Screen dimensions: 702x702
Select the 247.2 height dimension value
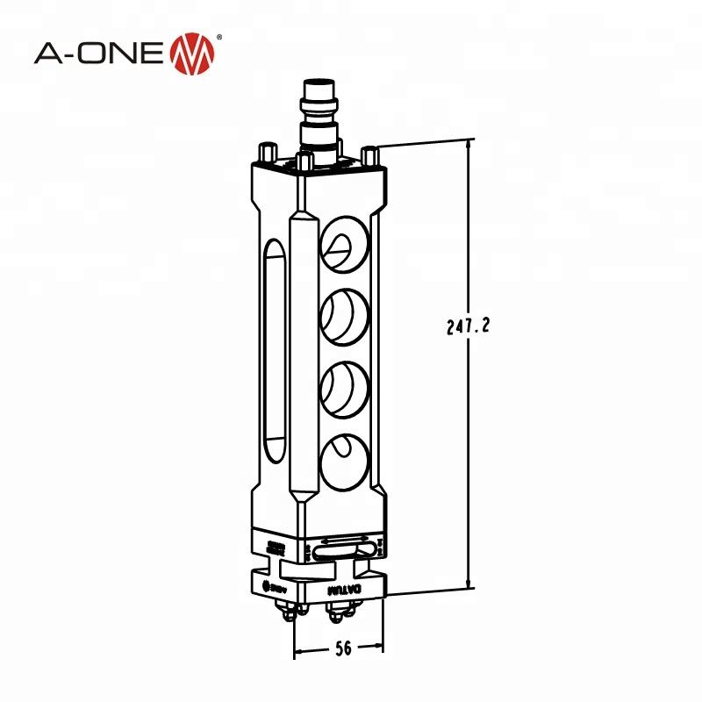coord(467,326)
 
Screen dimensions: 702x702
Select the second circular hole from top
coord(343,315)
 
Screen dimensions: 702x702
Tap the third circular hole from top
coord(343,385)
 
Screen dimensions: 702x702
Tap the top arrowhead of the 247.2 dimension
coord(470,143)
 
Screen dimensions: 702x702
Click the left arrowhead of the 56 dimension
coord(297,650)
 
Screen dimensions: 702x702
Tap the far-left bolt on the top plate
coord(265,150)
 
